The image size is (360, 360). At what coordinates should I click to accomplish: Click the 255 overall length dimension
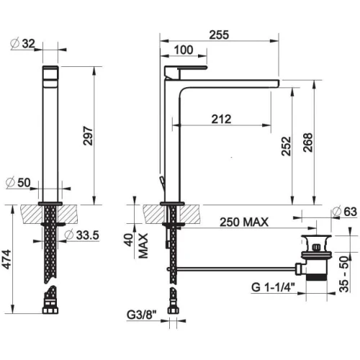pos(219,35)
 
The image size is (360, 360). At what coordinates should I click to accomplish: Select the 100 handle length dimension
pos(184,50)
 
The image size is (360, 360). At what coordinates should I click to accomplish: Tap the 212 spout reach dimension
pos(221,119)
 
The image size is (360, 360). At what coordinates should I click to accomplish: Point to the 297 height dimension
pos(88,136)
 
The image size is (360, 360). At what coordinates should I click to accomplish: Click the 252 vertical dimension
pos(286,146)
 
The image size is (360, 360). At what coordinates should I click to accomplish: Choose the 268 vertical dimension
pos(308,143)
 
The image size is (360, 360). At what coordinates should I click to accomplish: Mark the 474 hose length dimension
pos(6,259)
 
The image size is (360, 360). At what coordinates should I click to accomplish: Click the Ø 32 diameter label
pos(23,44)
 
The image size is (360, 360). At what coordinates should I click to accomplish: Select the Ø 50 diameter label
pos(18,183)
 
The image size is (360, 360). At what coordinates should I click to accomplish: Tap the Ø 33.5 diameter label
pos(82,235)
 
